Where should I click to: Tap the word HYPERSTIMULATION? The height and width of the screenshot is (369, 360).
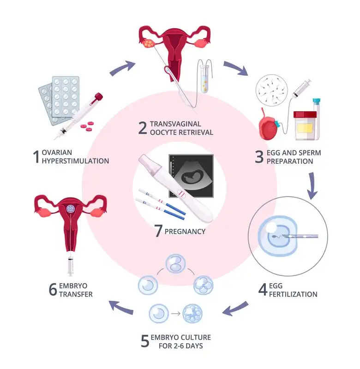pyautogui.click(x=76, y=161)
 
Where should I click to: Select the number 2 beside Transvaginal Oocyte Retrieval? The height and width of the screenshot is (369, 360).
pyautogui.click(x=143, y=128)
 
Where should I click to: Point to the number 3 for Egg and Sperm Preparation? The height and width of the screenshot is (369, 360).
pyautogui.click(x=259, y=157)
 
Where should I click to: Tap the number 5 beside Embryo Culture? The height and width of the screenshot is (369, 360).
pyautogui.click(x=145, y=340)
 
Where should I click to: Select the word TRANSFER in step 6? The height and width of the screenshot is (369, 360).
pyautogui.click(x=76, y=294)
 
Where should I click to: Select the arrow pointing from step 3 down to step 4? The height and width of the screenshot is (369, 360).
pyautogui.click(x=313, y=185)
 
